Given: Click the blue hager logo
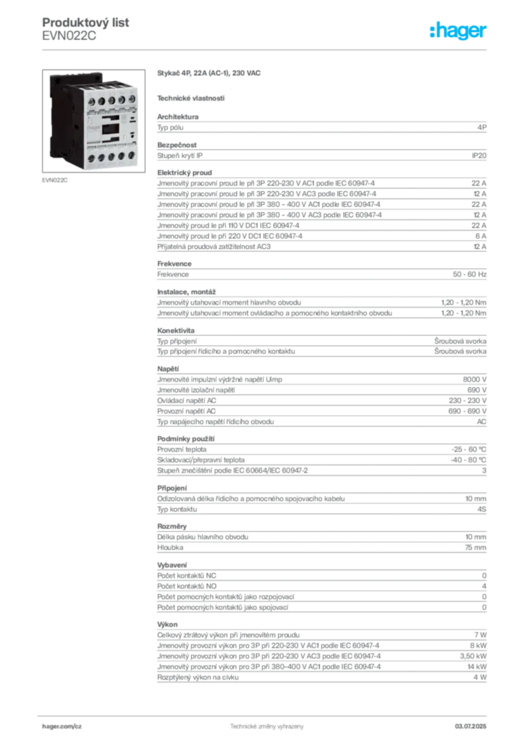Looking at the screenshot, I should (x=459, y=32).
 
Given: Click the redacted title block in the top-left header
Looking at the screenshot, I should (x=87, y=29).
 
